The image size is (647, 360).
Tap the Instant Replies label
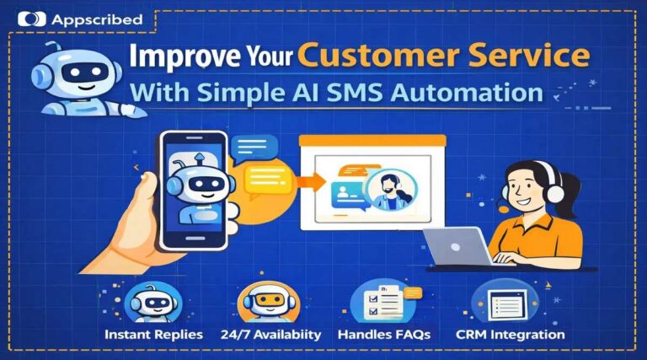[154, 335]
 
